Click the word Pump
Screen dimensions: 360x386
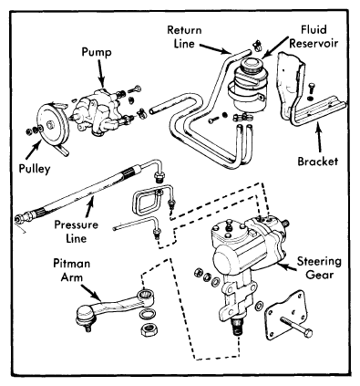click(97, 52)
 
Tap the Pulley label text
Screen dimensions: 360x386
click(35, 168)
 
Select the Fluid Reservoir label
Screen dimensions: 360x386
click(314, 37)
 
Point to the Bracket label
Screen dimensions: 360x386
click(317, 162)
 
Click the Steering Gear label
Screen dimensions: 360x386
click(319, 268)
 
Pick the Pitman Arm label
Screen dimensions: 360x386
click(72, 270)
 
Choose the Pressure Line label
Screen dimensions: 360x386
click(77, 231)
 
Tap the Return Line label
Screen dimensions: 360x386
click(184, 37)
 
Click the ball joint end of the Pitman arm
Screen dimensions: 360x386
click(86, 317)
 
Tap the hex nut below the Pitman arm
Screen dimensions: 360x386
click(149, 329)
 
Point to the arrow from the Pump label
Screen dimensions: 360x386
click(101, 73)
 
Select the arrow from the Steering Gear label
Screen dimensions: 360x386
click(286, 267)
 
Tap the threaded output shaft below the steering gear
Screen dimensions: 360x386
click(238, 326)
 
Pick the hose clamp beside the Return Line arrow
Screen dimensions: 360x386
click(257, 46)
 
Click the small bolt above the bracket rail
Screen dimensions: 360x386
click(312, 89)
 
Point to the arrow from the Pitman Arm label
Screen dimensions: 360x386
click(90, 292)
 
